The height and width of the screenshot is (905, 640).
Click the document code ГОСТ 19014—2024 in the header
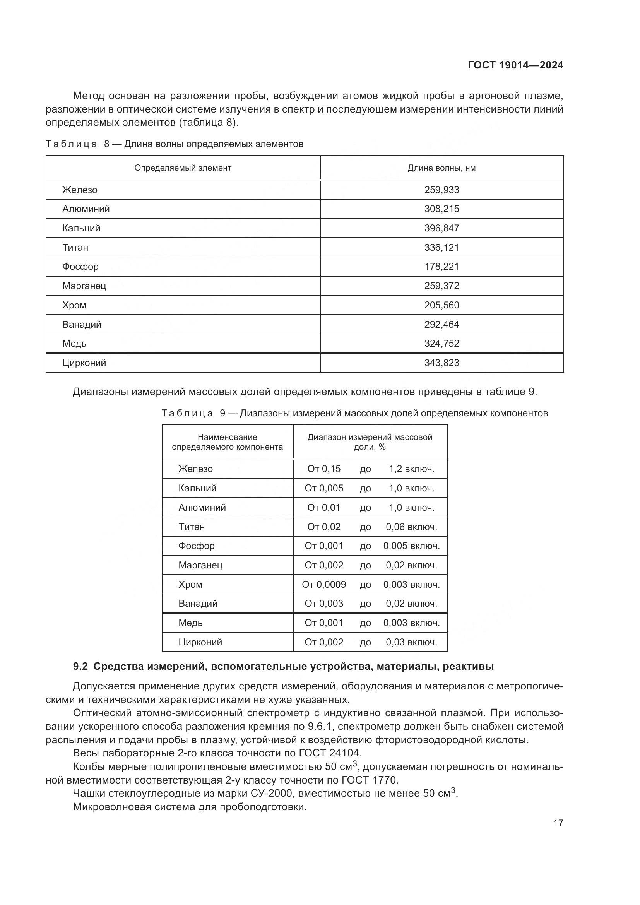point(515,65)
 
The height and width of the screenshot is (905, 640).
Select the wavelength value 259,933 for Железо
point(441,190)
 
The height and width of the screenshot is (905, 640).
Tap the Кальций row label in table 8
point(81,228)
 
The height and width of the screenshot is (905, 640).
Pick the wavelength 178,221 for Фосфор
point(441,267)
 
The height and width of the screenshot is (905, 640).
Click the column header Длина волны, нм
point(441,168)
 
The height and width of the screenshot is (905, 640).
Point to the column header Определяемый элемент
point(183,168)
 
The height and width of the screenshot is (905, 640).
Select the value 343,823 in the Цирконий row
point(441,363)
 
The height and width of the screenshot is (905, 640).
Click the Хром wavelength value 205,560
point(441,305)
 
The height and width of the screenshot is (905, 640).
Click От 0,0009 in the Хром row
point(323,584)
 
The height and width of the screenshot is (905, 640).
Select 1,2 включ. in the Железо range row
point(411,469)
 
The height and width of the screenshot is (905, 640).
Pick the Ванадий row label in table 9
point(198,604)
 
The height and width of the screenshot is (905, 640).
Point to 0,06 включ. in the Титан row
point(411,527)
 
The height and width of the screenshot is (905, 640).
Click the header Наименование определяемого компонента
point(227,442)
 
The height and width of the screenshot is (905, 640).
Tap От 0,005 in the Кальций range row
point(323,488)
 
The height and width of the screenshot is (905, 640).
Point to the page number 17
point(558,823)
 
